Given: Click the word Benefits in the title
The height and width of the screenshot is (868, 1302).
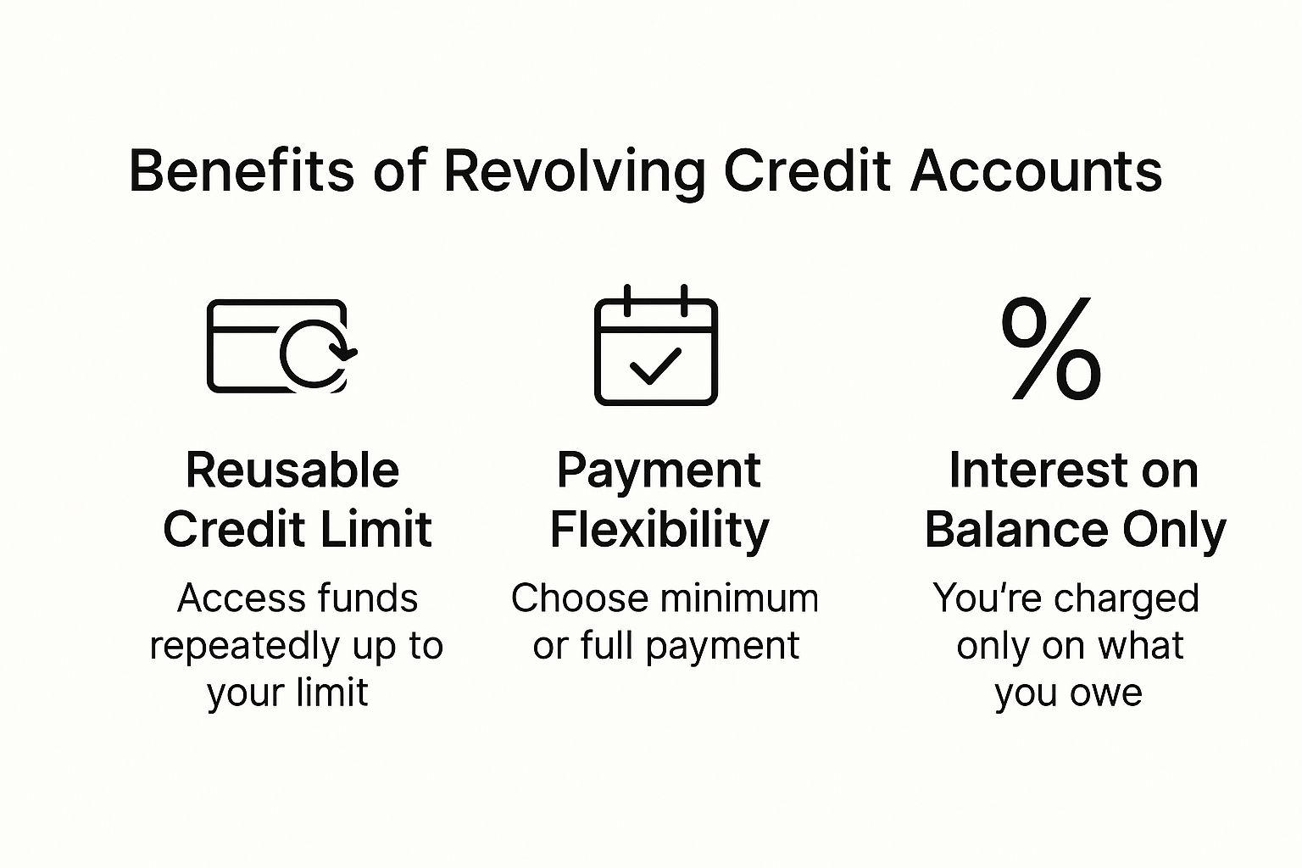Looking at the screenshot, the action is click(242, 170).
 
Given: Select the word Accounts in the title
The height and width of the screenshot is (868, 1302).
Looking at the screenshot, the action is click(1037, 170).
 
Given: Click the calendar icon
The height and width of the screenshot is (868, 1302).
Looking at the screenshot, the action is click(656, 345).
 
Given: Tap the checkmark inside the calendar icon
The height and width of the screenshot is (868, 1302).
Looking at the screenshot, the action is click(655, 366).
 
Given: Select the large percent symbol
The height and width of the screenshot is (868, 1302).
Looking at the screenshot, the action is click(1051, 348).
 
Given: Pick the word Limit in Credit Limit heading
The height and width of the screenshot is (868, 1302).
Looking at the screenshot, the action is click(376, 529).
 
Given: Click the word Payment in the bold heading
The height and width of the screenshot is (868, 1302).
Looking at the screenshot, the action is click(659, 471).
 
